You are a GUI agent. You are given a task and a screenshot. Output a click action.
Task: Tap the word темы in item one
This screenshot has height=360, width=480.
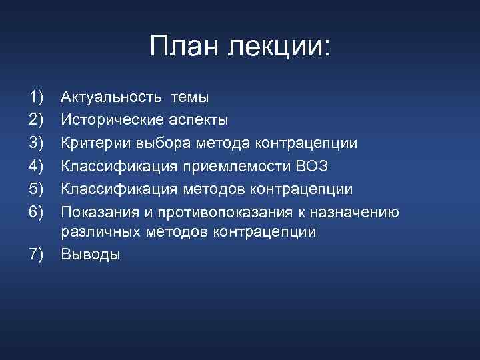[x=189, y=97]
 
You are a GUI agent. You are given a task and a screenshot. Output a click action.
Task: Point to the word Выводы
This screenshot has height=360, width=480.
[x=91, y=254]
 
